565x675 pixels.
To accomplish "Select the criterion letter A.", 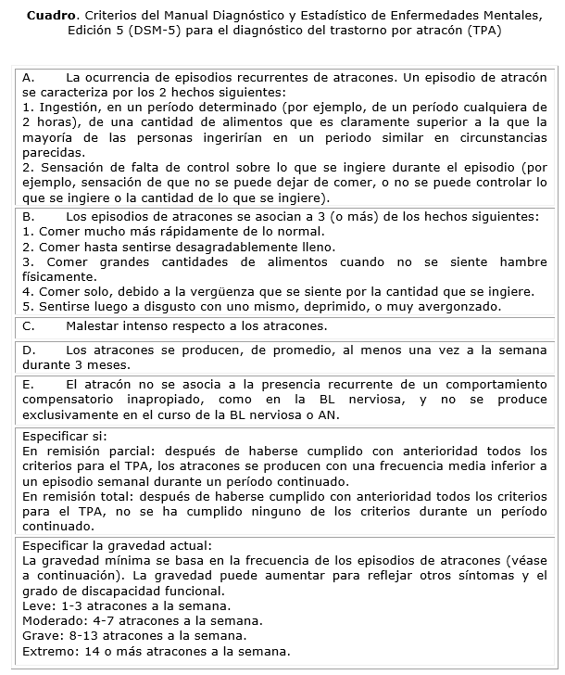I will [x=28, y=78].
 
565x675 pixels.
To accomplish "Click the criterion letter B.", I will [x=28, y=216].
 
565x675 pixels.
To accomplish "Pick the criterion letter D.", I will [x=28, y=350].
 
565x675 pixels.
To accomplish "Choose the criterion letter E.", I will [x=28, y=383].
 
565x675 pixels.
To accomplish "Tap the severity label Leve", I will [x=37, y=605].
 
